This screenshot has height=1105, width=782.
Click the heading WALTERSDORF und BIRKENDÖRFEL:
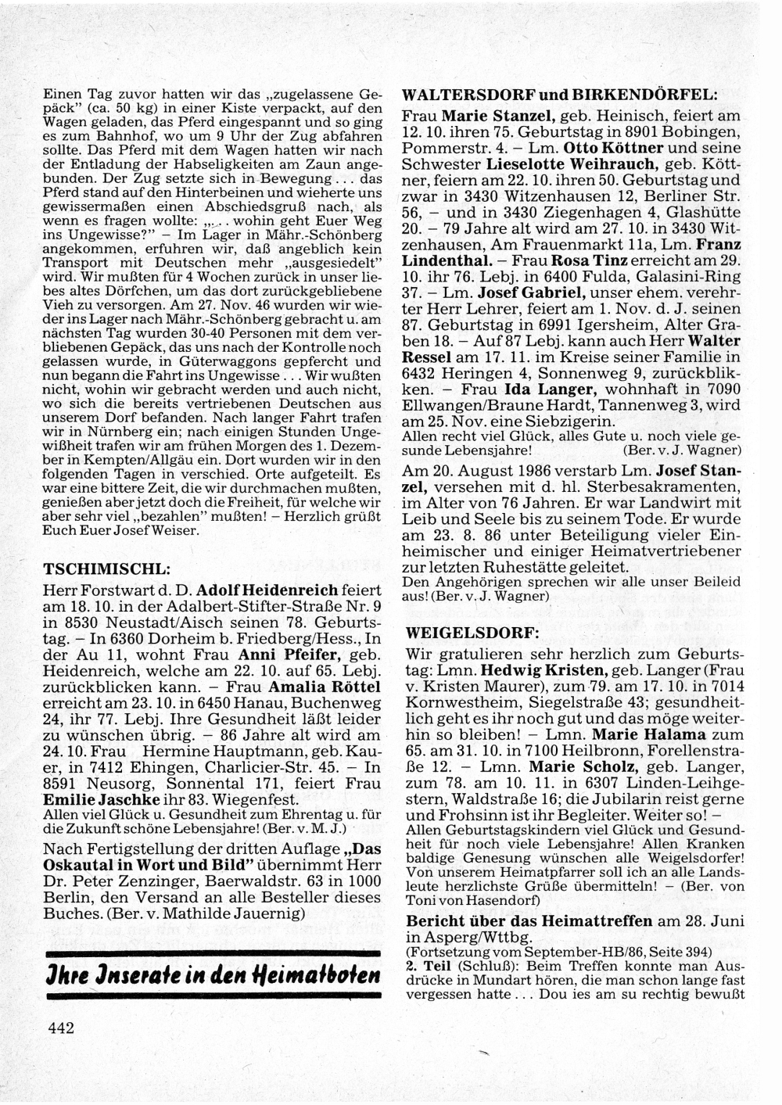(559, 95)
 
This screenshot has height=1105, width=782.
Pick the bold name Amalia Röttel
(325, 688)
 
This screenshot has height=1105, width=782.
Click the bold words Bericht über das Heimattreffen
(529, 920)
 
